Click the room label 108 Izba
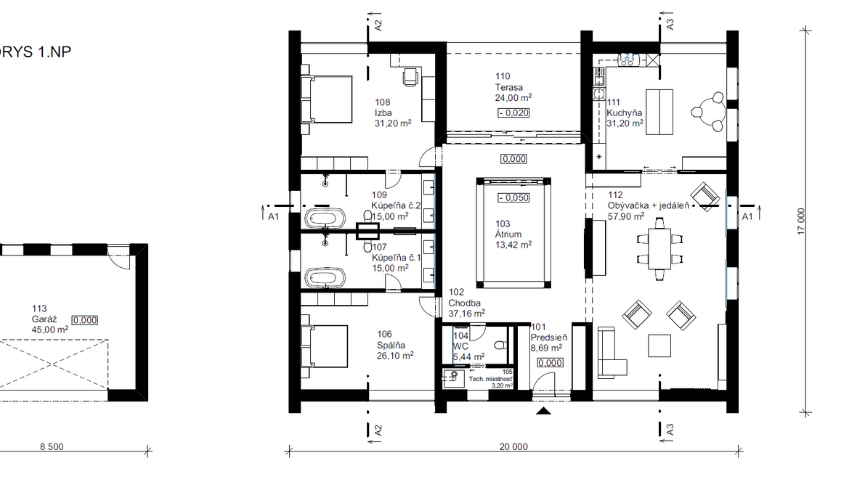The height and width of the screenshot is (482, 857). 383,107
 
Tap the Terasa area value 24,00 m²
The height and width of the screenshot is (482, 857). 513,98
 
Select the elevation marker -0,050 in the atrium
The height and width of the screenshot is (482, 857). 513,198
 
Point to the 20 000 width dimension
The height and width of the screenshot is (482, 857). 513,446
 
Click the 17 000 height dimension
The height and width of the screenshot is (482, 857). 801,221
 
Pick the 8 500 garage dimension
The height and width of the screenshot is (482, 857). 52,446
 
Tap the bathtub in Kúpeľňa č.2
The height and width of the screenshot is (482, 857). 325,218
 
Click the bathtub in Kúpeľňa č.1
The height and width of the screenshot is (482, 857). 325,277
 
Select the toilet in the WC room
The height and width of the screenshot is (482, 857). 500,346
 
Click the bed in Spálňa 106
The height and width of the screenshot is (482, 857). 325,346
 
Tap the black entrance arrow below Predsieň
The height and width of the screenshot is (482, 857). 543,411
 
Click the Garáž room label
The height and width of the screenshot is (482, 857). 44,319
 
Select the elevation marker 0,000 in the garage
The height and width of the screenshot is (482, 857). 85,320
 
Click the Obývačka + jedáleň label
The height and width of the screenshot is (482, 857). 649,205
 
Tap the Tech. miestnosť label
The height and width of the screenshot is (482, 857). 491,379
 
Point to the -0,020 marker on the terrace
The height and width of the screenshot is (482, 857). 513,113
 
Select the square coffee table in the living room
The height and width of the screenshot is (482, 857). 659,346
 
